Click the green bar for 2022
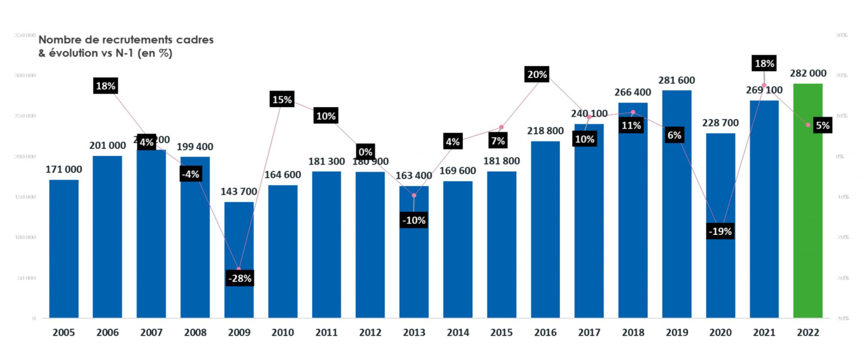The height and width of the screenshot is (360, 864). (807, 203)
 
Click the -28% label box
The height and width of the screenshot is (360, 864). (240, 279)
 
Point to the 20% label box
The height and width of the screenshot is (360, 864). (537, 75)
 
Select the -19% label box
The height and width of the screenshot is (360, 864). (720, 231)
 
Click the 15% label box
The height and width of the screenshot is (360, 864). (282, 100)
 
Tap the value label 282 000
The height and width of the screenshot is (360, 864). (808, 73)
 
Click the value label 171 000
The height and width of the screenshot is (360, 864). (64, 170)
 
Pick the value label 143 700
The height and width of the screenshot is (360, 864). (239, 192)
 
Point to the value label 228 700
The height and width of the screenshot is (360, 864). (720, 123)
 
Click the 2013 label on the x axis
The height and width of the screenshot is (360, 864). (414, 333)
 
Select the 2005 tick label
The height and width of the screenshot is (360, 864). (64, 333)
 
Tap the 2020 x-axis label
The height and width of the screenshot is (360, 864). (720, 333)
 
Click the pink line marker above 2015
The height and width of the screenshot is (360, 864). (501, 127)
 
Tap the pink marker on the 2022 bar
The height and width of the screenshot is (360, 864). (807, 125)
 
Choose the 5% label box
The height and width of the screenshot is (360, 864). (822, 125)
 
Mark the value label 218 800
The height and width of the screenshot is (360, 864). (545, 131)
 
